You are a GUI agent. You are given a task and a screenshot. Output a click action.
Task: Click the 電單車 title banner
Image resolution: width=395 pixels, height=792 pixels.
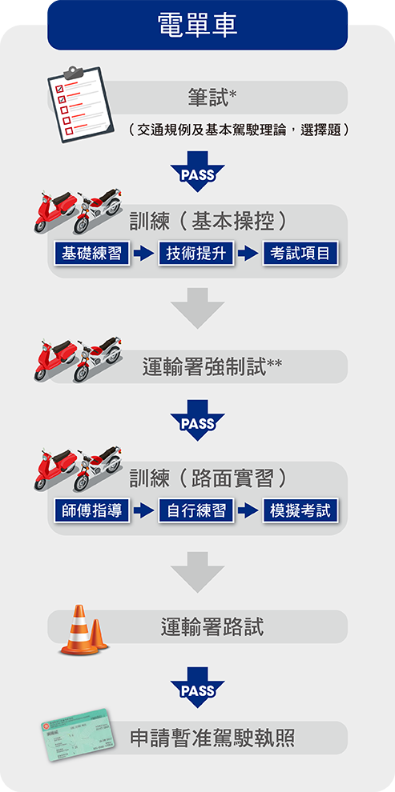coord(197,25)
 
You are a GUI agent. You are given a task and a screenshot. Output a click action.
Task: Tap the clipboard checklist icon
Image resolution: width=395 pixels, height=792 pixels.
coord(80,104)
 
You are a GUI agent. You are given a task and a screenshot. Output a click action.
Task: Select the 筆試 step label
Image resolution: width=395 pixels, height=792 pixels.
coord(209,98)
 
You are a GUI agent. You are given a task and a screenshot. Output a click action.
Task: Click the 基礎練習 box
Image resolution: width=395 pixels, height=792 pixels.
coord(91,253)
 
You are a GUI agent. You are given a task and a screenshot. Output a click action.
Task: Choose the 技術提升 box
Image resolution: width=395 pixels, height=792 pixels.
coord(196,253)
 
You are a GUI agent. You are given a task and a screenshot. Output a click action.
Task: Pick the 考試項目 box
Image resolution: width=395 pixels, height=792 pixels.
coord(300,253)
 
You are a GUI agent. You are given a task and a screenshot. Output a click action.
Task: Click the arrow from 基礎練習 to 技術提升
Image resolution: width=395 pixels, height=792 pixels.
coord(144,254)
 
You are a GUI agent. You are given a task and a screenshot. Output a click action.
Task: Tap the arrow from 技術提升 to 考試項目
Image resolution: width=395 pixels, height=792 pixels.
coord(248,254)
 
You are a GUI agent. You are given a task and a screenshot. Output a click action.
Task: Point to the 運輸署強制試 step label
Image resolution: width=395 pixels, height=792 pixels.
coord(212,366)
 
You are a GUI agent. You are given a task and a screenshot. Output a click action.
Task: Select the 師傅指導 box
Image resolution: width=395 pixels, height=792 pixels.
coord(91,510)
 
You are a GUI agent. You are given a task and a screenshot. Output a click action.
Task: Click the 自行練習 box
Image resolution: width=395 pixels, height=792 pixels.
coord(196,510)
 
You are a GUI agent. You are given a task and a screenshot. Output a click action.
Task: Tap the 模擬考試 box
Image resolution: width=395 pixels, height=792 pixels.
coord(300,510)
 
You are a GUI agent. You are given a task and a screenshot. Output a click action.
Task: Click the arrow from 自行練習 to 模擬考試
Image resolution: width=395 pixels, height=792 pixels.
coord(248,510)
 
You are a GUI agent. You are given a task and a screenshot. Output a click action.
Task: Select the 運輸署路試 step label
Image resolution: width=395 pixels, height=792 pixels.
coord(212,627)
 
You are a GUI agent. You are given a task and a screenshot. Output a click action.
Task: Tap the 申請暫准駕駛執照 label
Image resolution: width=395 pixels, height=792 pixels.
coord(212,738)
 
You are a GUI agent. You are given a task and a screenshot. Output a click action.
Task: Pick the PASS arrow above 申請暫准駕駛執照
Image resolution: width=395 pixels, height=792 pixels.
coord(197,687)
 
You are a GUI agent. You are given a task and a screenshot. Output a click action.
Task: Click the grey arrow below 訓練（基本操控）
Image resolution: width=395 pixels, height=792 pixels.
coord(197,308)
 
